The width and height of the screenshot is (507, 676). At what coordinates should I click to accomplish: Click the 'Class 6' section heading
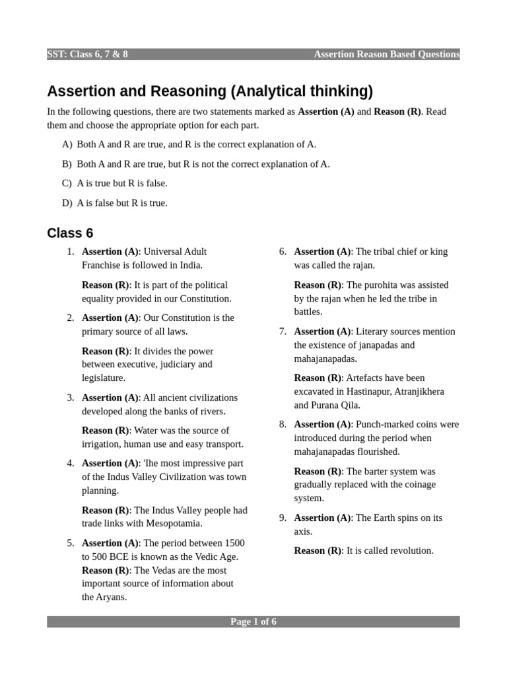point(70,233)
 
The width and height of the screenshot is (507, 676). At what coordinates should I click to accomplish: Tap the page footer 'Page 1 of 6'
point(253,622)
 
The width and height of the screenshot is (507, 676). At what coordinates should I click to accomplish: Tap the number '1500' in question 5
point(233,543)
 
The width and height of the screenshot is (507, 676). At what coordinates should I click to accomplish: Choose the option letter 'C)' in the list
point(67,184)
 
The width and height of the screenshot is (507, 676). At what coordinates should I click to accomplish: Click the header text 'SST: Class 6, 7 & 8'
point(88,54)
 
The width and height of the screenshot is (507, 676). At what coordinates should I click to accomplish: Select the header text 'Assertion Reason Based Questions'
point(387,54)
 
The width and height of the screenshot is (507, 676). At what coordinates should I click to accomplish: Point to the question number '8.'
point(283,424)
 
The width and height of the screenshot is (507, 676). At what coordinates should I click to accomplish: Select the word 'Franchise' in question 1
point(102,265)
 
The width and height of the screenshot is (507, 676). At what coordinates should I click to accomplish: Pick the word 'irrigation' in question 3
point(103,444)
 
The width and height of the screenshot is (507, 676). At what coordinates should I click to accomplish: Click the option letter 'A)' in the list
point(67,145)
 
